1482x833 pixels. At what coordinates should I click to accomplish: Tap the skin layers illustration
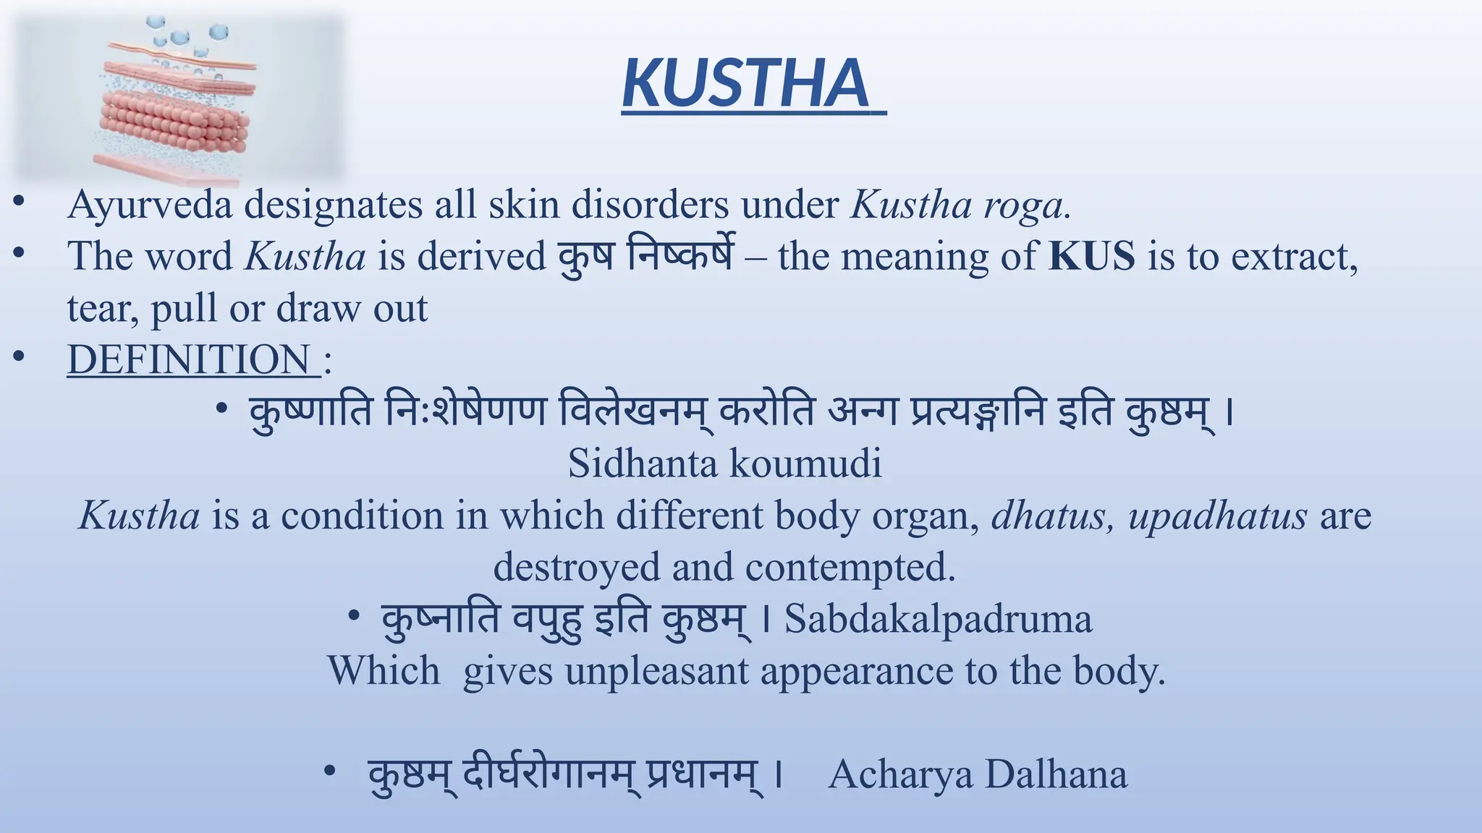[x=178, y=101]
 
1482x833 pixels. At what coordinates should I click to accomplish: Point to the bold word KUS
[x=1092, y=257]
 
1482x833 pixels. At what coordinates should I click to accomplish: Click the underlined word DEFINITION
[x=189, y=359]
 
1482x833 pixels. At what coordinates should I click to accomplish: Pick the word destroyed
[x=576, y=567]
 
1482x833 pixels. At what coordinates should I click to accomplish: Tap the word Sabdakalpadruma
[x=939, y=619]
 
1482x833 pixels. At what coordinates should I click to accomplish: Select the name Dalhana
[x=1056, y=774]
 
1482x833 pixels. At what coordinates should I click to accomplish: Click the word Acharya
[x=900, y=774]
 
